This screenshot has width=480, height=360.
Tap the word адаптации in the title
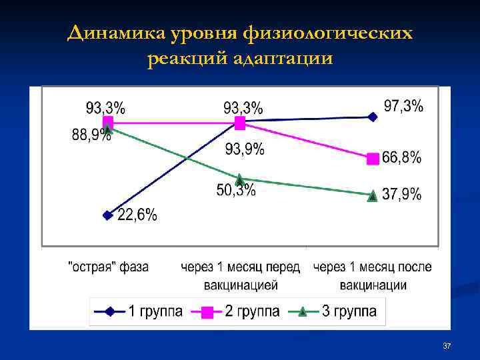tap(287, 59)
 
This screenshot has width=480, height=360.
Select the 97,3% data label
tap(403, 106)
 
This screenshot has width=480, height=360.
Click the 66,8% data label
tap(402, 158)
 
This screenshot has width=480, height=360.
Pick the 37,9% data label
tap(402, 195)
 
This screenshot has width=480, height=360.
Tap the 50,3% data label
tap(236, 191)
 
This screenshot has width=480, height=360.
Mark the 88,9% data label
tap(91, 135)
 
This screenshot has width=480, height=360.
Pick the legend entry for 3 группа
tap(347, 311)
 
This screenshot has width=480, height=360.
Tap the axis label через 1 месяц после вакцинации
tap(373, 275)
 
